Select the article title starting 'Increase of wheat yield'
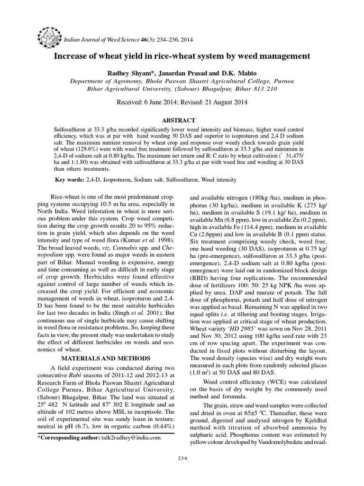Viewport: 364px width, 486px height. [x=182, y=56]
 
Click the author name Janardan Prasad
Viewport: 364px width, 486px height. [x=185, y=72]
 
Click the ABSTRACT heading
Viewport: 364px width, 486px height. [x=182, y=121]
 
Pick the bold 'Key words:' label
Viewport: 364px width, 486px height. [x=70, y=180]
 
